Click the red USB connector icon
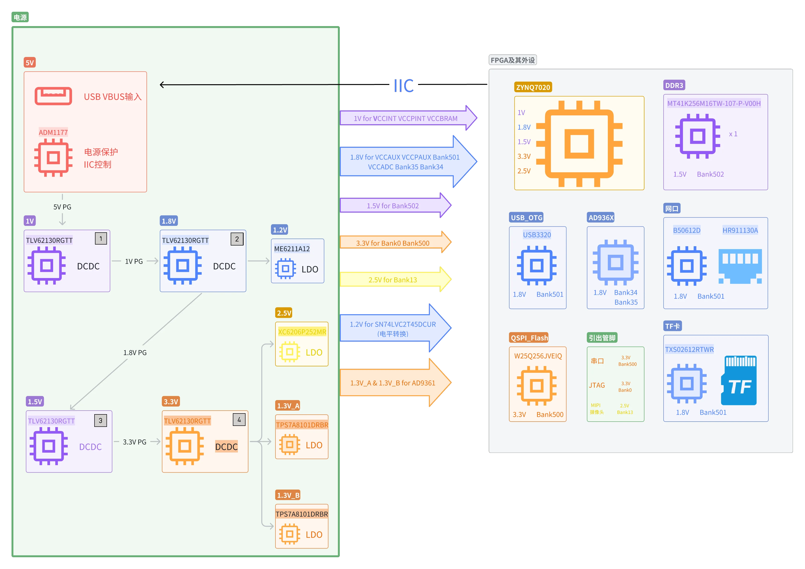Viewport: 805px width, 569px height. point(53,96)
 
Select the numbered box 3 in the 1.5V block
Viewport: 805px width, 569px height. point(100,420)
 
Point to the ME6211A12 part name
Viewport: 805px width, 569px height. point(292,249)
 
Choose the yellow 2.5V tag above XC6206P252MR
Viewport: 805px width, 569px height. point(284,313)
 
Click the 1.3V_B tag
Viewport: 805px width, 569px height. point(288,495)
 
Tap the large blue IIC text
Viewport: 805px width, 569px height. point(403,86)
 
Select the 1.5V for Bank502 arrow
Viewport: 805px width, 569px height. point(393,206)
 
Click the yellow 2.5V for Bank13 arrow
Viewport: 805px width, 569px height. point(393,280)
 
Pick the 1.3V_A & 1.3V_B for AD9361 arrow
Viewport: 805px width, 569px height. point(393,383)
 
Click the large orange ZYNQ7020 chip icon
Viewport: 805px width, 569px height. point(579,144)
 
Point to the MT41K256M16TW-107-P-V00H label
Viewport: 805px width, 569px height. point(714,103)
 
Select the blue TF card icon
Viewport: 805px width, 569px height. point(739,381)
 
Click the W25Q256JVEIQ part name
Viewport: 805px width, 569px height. point(538,356)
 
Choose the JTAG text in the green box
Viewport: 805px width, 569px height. point(597,385)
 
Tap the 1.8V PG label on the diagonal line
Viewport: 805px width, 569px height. point(135,353)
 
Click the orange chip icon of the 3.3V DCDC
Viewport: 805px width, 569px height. point(185,446)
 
